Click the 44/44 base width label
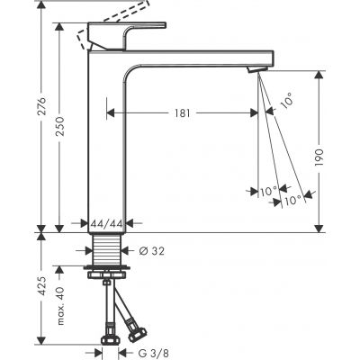coord(106,223)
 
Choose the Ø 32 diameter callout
coord(154,249)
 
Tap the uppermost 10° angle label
coord(286,102)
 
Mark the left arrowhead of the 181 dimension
coord(111,112)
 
